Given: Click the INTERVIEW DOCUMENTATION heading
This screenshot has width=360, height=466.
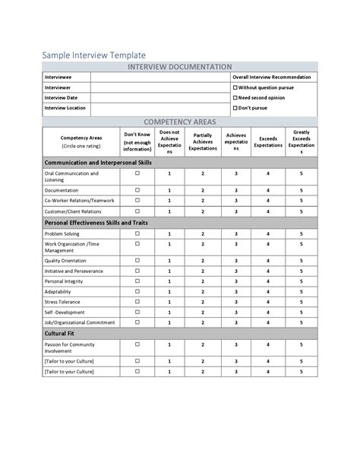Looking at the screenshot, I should click(x=179, y=67).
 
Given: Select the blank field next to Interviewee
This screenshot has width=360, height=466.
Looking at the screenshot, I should click(x=159, y=78).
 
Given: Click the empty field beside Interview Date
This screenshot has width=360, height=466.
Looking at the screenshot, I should click(x=159, y=98).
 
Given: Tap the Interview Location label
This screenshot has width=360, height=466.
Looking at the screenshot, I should click(x=65, y=108).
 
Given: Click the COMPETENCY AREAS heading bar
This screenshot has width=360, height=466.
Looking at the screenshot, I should click(x=179, y=122).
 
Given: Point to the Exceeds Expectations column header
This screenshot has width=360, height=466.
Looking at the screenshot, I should click(x=268, y=141).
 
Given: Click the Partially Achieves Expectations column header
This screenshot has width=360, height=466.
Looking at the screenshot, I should click(x=203, y=141).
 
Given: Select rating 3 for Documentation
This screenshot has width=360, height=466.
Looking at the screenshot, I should click(x=236, y=190).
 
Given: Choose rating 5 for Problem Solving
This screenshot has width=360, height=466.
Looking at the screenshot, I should click(x=302, y=234).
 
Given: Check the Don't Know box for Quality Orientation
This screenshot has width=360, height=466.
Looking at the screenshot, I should click(x=137, y=259).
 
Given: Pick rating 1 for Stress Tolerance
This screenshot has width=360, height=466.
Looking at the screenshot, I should click(x=169, y=302).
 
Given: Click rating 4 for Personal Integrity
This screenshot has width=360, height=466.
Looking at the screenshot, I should click(x=268, y=281).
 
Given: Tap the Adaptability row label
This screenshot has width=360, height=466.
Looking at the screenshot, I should click(x=59, y=291).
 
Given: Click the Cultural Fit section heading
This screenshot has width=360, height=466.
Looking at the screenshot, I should click(x=61, y=334).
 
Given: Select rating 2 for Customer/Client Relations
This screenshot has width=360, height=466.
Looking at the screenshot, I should click(x=203, y=211).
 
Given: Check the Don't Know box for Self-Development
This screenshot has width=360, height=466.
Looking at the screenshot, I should click(x=137, y=312).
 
